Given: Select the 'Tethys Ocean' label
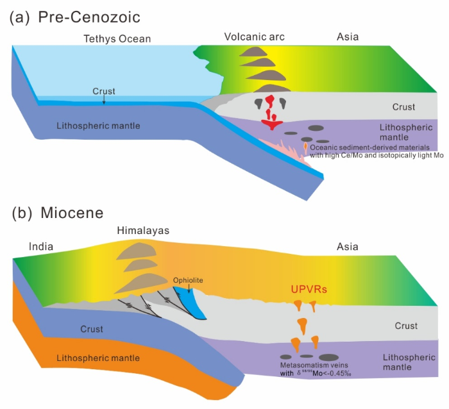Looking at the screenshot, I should click(117, 39).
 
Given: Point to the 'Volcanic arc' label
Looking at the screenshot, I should click(254, 37).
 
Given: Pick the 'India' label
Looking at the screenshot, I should click(40, 246).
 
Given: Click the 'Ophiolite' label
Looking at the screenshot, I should click(189, 280).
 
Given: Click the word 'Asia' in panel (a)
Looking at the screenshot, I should click(348, 37).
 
